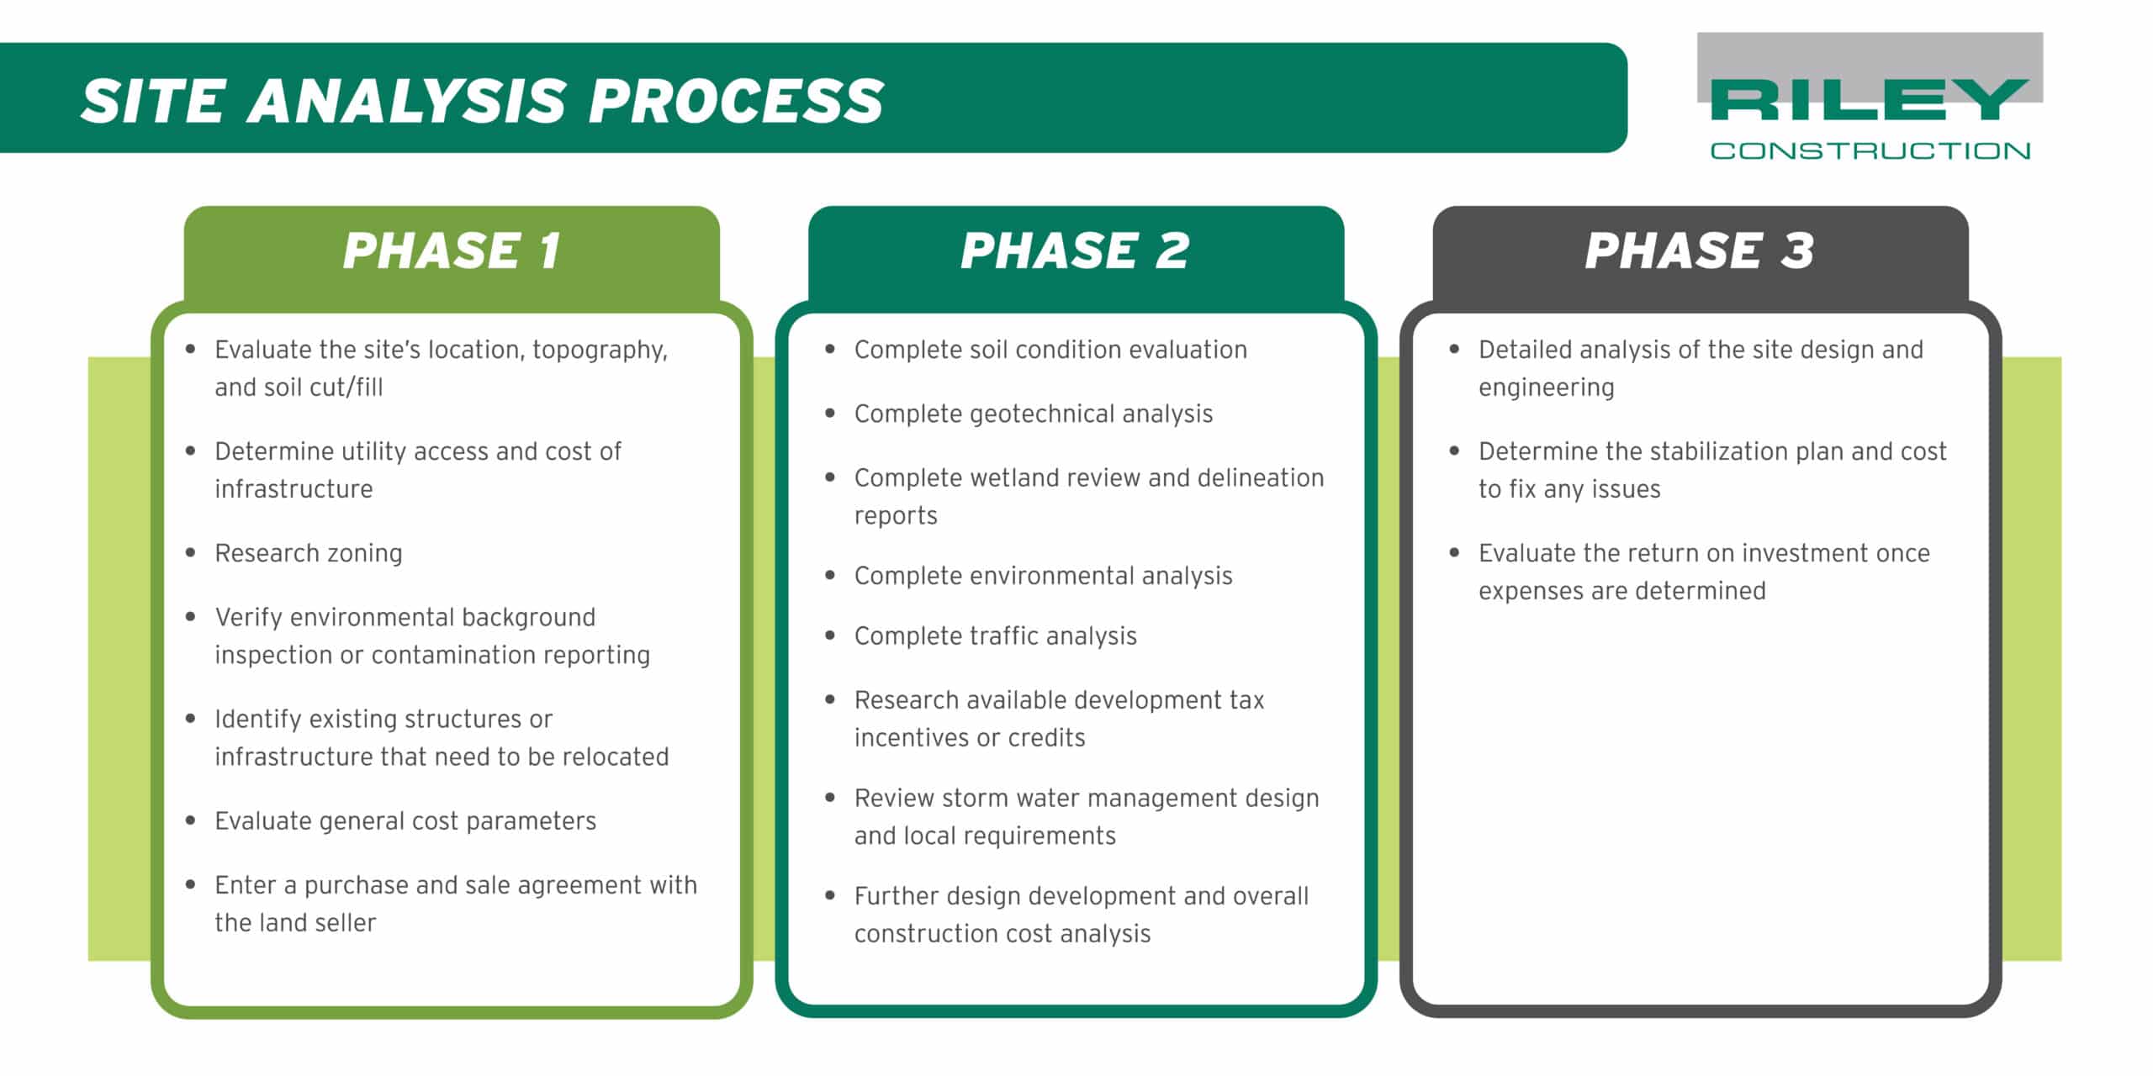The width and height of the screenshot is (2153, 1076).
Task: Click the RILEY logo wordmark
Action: (1869, 101)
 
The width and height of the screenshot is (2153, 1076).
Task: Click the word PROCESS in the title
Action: (736, 101)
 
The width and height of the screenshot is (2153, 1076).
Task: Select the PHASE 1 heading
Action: (452, 251)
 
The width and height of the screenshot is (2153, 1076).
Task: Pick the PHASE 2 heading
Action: (1075, 251)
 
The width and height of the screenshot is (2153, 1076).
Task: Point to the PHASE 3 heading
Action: (1699, 251)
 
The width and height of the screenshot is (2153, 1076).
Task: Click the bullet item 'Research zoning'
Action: (309, 553)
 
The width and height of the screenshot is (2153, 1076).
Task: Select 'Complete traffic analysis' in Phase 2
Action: (995, 636)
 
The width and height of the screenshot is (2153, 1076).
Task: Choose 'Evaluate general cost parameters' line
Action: (405, 821)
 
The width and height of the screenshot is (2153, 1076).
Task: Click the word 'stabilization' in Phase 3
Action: (1709, 451)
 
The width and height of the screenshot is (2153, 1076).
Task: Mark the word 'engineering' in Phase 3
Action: (1546, 388)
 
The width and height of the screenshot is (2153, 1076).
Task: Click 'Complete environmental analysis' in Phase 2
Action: (1043, 576)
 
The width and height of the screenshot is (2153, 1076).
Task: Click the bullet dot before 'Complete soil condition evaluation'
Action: (830, 349)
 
